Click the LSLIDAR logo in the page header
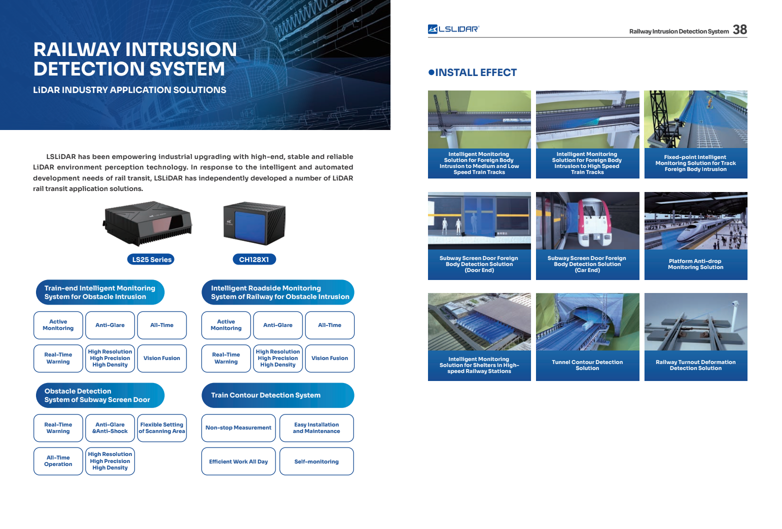pyautogui.click(x=453, y=29)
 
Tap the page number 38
pyautogui.click(x=739, y=29)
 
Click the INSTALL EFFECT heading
pyautogui.click(x=472, y=72)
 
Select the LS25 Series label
pyautogui.click(x=151, y=259)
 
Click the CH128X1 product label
pyautogui.click(x=254, y=259)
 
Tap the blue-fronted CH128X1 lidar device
pyautogui.click(x=254, y=223)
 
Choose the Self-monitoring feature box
pyautogui.click(x=316, y=461)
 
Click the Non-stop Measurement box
pyautogui.click(x=238, y=428)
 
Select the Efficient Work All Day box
pyautogui.click(x=238, y=461)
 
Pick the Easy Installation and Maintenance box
pyautogui.click(x=316, y=428)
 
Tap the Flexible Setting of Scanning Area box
pyautogui.click(x=161, y=428)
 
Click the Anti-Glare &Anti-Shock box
pyautogui.click(x=110, y=428)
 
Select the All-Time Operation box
pyautogui.click(x=58, y=461)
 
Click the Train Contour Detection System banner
pyautogui.click(x=277, y=395)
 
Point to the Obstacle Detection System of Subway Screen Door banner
pyautogui.click(x=100, y=395)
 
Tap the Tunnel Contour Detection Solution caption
pyautogui.click(x=587, y=365)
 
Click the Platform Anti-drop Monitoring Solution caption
pyautogui.click(x=695, y=264)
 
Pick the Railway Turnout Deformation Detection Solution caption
pyautogui.click(x=695, y=365)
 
